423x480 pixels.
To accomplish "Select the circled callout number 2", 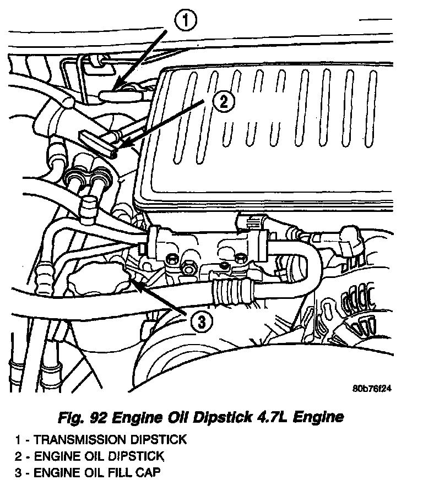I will pos(223,101).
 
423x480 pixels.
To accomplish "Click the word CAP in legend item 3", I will pos(150,472).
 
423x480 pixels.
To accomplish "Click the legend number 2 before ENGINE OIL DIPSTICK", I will pos(19,456).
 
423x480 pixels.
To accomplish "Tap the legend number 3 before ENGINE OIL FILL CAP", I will pos(19,472).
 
